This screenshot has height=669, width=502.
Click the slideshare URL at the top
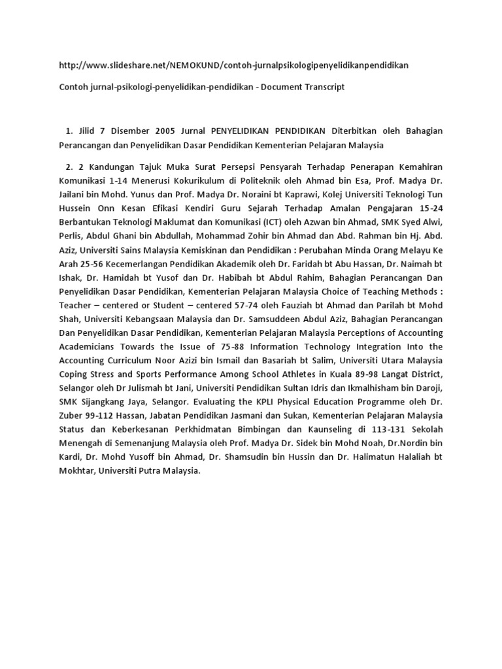[x=233, y=65]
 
